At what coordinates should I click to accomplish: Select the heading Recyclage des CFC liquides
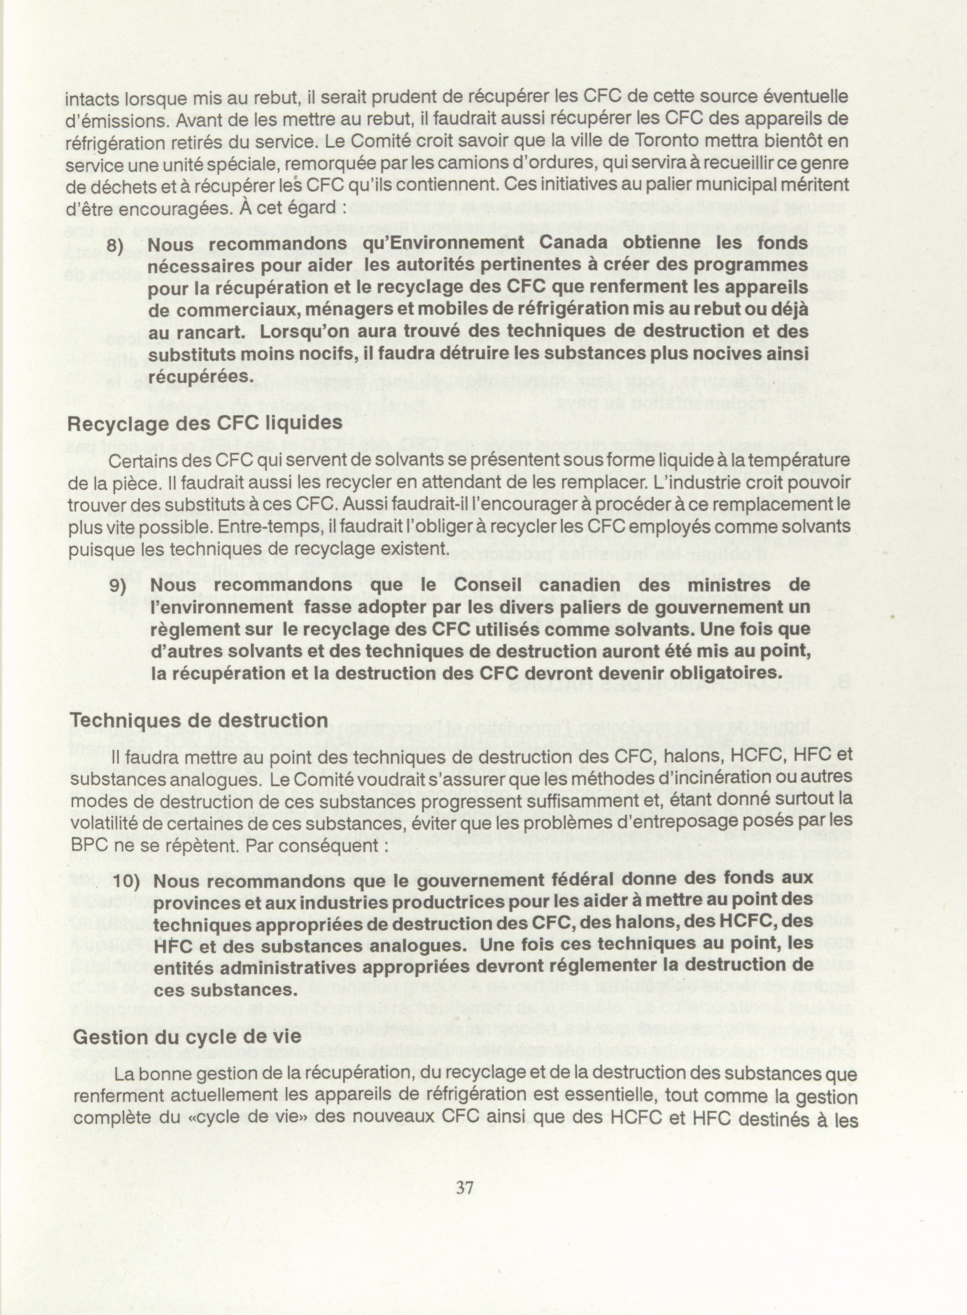coord(205,423)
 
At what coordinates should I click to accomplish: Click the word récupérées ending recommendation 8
coord(201,376)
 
